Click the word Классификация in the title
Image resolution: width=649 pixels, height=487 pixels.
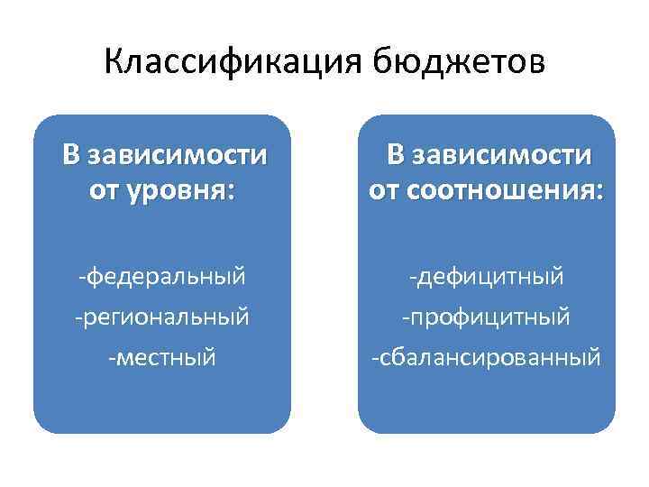pyautogui.click(x=222, y=62)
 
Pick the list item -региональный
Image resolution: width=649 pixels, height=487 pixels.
pyautogui.click(x=162, y=317)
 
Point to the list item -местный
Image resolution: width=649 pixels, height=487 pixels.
pyautogui.click(x=162, y=358)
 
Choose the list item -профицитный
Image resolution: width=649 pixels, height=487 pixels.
pyautogui.click(x=487, y=317)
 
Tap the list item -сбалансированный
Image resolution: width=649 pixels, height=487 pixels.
pyautogui.click(x=487, y=358)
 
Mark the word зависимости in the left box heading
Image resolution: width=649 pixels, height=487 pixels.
pyautogui.click(x=177, y=155)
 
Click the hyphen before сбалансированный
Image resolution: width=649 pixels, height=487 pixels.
pyautogui.click(x=376, y=359)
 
